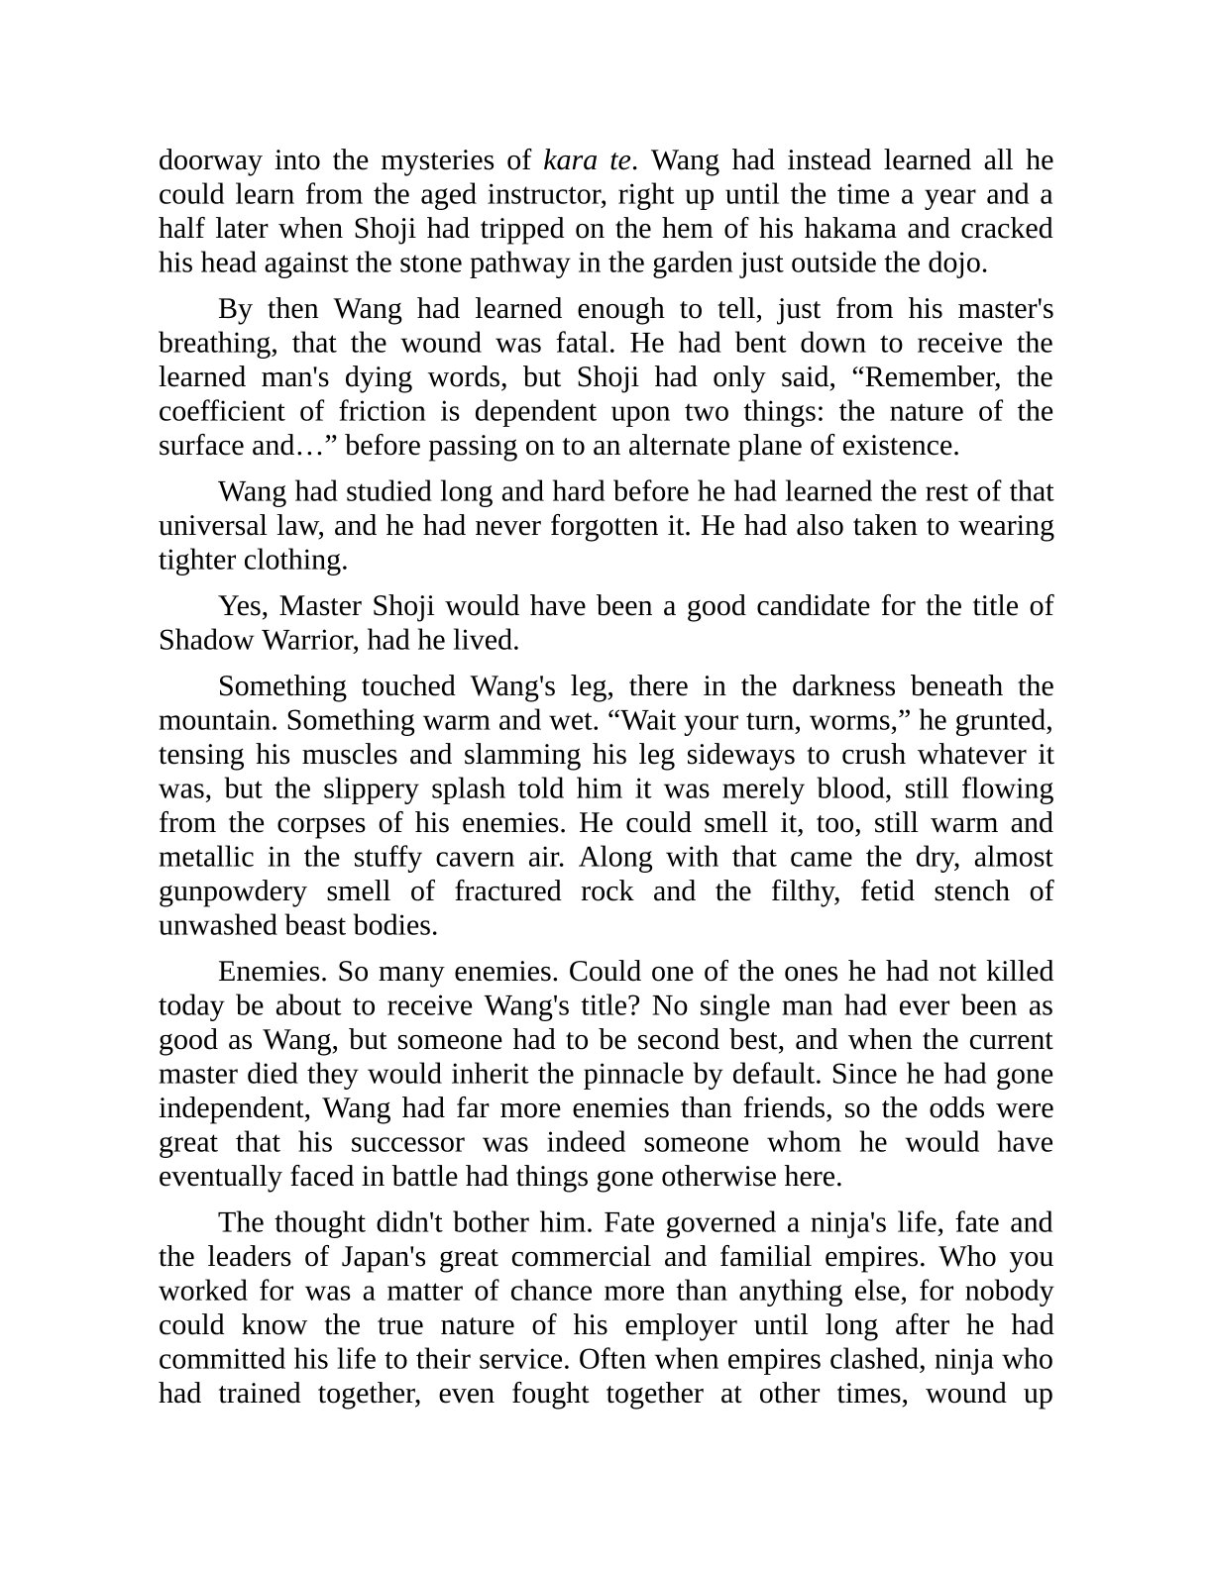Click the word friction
pyautogui.click(x=381, y=411)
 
